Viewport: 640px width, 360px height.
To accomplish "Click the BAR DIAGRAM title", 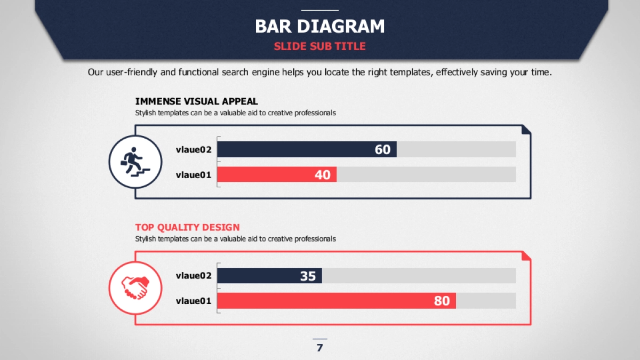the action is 319,26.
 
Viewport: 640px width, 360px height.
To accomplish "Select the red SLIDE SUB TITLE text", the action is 319,46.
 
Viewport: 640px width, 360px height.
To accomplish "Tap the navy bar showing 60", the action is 307,149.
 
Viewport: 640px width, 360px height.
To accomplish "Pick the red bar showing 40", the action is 277,174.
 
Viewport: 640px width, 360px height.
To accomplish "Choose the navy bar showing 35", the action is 269,276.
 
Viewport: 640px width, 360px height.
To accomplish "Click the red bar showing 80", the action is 337,301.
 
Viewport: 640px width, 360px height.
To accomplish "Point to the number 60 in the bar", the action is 382,149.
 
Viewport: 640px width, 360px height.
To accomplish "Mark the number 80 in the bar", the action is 442,301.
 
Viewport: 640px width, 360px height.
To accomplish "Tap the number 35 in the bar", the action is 308,276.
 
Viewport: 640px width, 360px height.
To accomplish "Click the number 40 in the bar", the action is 323,175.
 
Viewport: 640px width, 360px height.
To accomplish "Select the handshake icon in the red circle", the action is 135,288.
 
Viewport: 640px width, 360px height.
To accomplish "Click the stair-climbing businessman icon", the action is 135,162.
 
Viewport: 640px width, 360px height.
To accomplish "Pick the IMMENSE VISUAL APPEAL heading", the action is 197,101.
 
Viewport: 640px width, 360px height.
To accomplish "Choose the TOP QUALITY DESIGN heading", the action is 187,227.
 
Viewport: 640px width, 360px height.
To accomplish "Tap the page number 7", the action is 319,348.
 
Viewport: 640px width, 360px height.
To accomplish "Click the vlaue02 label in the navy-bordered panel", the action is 194,149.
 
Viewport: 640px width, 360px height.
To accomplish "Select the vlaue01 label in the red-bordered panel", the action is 194,301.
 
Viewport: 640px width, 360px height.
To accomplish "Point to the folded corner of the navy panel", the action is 526,130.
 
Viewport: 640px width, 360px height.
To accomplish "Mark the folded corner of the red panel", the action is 526,255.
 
